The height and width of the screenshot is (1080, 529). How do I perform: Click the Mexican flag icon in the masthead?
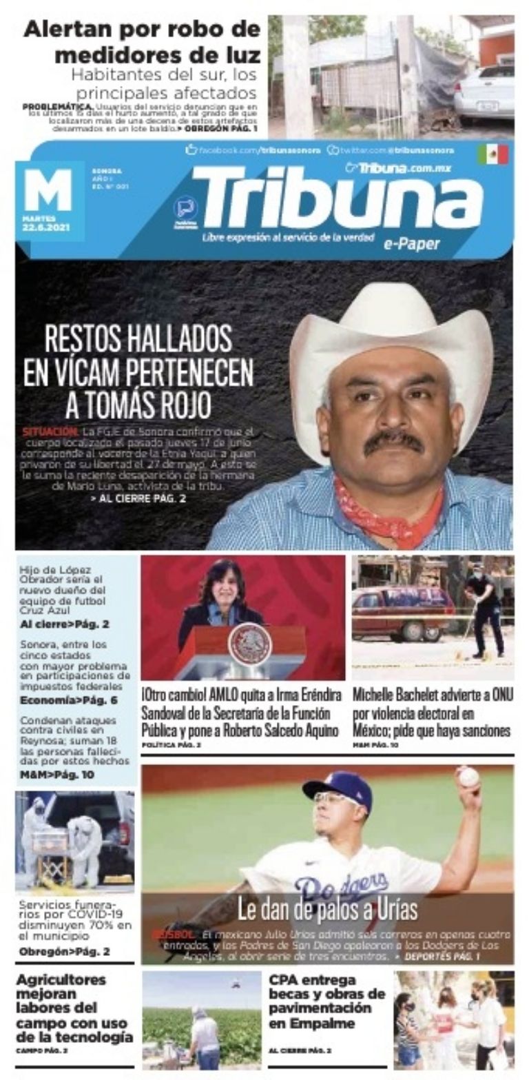pos(492,154)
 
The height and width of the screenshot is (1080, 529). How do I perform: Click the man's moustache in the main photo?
pos(393,439)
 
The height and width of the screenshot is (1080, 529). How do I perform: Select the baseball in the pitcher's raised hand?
pos(468,777)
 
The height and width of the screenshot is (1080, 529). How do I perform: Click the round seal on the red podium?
pos(249,644)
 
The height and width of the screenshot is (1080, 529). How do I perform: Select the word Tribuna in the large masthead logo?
pos(337,200)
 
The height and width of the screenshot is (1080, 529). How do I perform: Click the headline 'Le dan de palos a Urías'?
pos(327,910)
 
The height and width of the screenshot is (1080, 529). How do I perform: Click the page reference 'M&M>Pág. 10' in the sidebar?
pos(57,775)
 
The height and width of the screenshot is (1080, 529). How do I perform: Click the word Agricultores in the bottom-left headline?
pos(61,979)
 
